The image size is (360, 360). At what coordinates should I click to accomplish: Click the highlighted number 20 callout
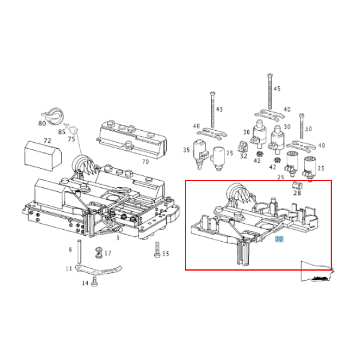coord(279,239)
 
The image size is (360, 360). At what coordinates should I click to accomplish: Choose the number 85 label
coord(62,131)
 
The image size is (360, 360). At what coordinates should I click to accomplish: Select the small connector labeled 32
coord(242,146)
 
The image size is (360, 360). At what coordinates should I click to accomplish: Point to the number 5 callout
coord(118,238)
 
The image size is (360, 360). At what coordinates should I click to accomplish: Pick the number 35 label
coord(187,150)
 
